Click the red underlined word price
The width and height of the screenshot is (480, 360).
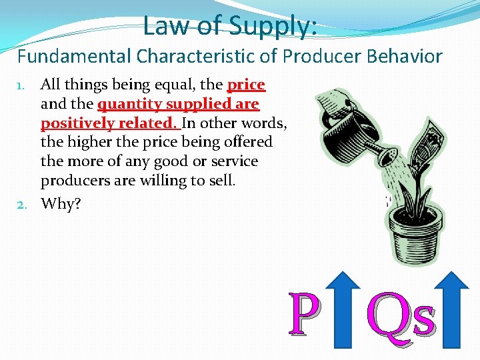click(246, 85)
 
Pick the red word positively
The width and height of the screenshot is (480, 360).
click(76, 123)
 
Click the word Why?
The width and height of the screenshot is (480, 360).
click(61, 203)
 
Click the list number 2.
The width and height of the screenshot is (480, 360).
click(22, 204)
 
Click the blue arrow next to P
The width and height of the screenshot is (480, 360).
click(342, 308)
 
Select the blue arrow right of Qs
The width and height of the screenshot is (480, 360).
click(455, 308)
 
